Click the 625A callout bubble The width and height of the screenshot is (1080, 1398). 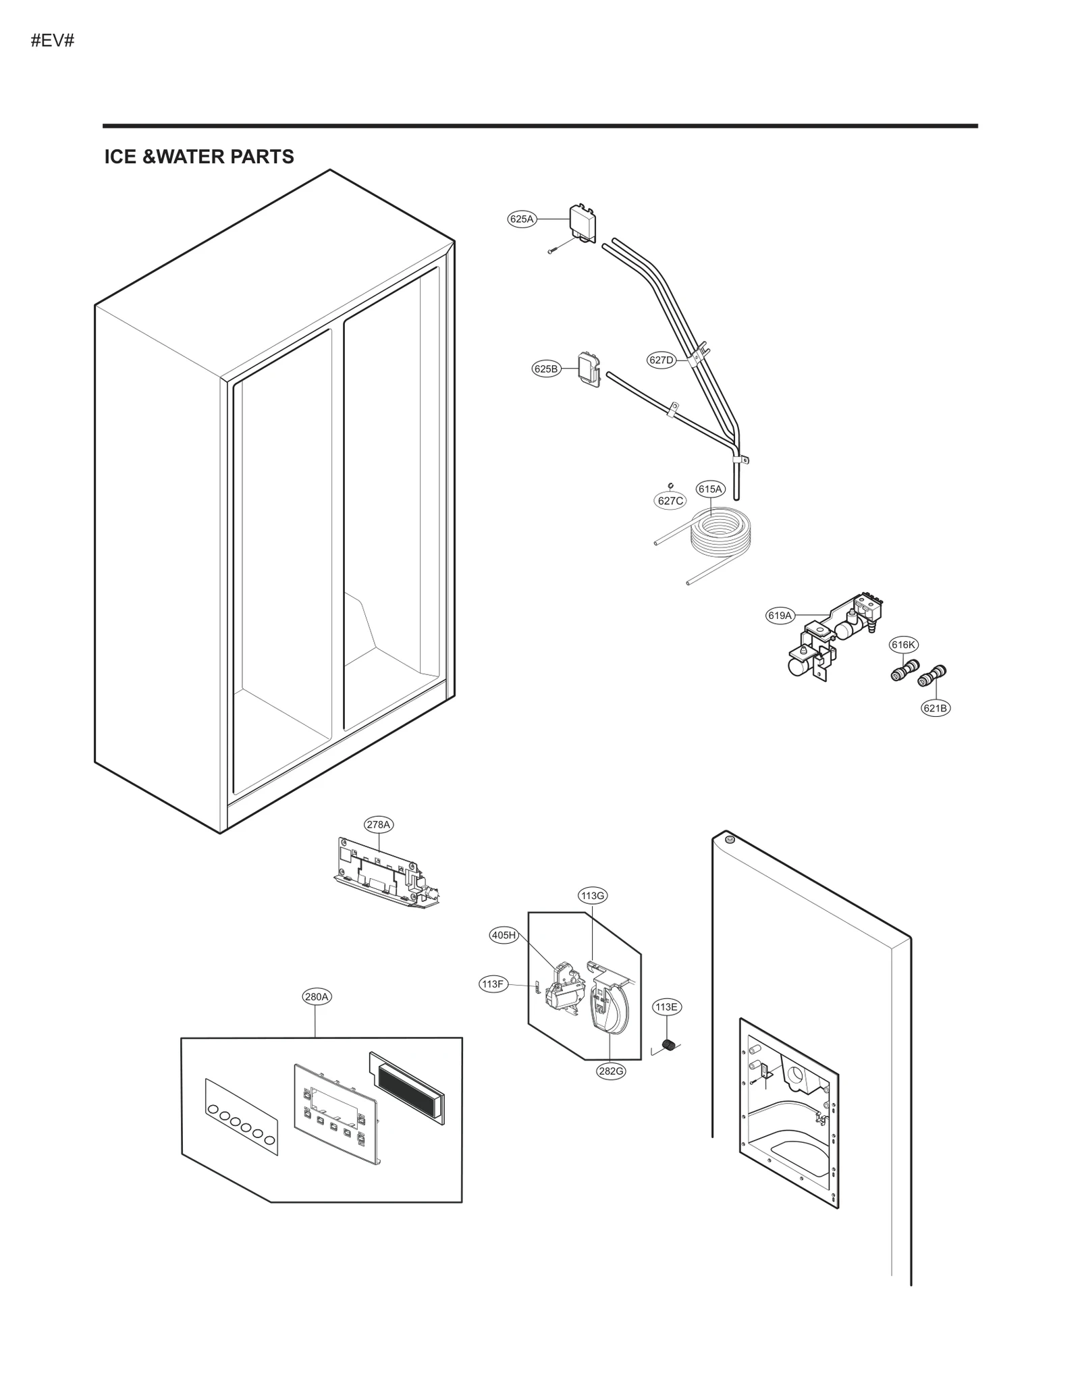pos(521,219)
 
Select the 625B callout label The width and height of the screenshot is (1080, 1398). pos(546,369)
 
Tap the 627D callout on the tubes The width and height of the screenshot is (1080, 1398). pos(661,360)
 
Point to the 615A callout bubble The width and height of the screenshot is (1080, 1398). pos(709,489)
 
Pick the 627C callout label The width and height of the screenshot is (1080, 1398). pos(670,500)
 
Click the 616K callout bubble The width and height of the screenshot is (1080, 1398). pos(903,645)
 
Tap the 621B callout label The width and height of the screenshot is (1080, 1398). pos(935,708)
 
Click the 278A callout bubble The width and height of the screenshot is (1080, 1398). pos(378,824)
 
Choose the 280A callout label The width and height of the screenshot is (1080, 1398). pos(317,996)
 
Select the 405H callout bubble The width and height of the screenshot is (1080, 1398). pos(504,935)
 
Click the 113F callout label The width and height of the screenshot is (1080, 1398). pos(493,984)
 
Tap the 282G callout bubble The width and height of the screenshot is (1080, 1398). pos(610,1071)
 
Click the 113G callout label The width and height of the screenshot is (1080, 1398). pos(592,896)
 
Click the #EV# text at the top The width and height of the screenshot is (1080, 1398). pos(52,41)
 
